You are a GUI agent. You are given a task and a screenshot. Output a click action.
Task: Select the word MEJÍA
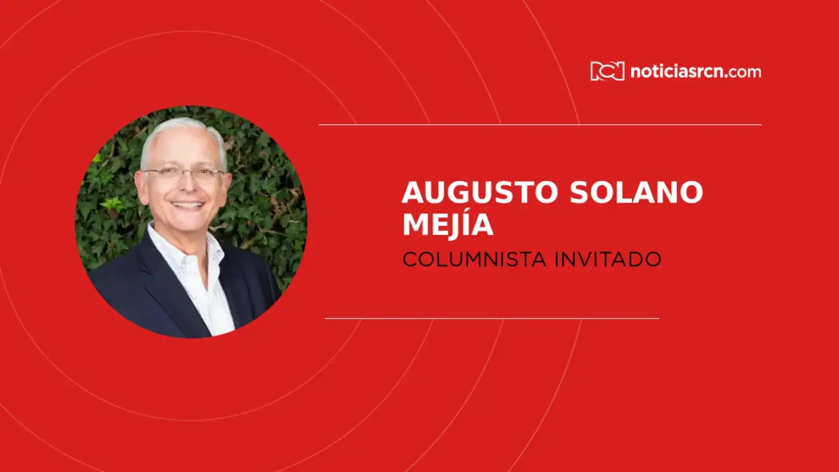pyautogui.click(x=448, y=224)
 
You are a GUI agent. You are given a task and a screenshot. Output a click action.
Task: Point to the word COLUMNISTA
pyautogui.click(x=474, y=260)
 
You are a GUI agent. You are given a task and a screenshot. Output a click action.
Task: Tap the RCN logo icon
pyautogui.click(x=607, y=71)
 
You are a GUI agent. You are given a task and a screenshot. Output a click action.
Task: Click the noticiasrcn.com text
pyautogui.click(x=695, y=71)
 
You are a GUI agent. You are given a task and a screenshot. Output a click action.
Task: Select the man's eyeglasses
pyautogui.click(x=184, y=174)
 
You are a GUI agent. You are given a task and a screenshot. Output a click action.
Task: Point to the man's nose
pyautogui.click(x=185, y=187)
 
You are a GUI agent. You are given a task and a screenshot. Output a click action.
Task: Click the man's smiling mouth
pyautogui.click(x=187, y=205)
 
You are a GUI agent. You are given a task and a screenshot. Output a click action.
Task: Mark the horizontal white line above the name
pyautogui.click(x=539, y=125)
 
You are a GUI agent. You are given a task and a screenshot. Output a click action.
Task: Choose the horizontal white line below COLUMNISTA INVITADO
pyautogui.click(x=492, y=319)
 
